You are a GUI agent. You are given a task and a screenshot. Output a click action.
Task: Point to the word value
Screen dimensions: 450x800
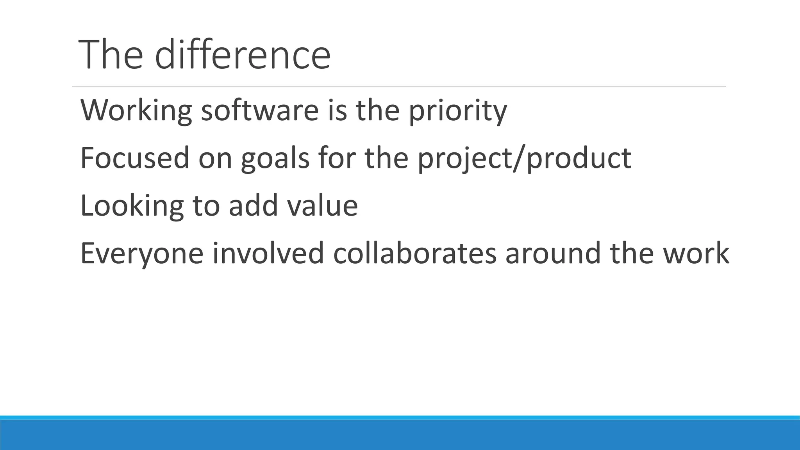(x=323, y=205)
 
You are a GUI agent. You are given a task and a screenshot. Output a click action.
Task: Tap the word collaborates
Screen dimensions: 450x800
(x=415, y=253)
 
